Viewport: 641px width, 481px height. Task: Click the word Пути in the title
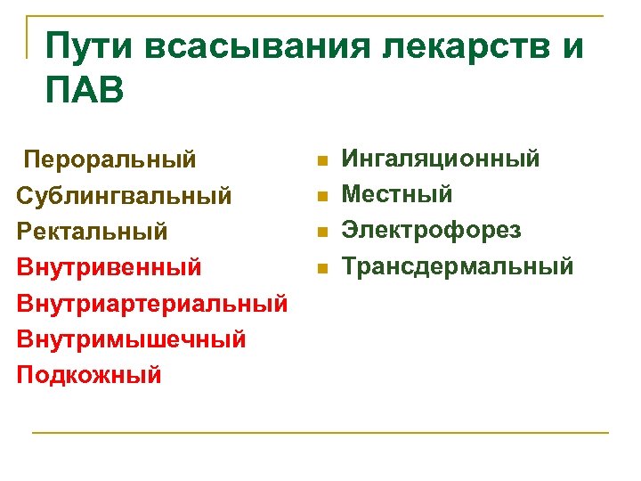[x=86, y=46]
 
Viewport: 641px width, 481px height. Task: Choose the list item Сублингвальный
[x=125, y=194]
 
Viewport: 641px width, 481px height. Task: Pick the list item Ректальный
[x=92, y=231]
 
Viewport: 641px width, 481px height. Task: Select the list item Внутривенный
[x=109, y=266]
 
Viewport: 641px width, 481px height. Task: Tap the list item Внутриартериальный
[x=151, y=303]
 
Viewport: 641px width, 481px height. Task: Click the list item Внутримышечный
[x=131, y=338]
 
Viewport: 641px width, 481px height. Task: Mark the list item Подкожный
[x=89, y=374]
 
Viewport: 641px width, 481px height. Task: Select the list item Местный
[x=397, y=194]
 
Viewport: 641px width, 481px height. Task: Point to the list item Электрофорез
[x=432, y=230]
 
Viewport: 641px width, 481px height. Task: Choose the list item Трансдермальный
[x=458, y=265]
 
